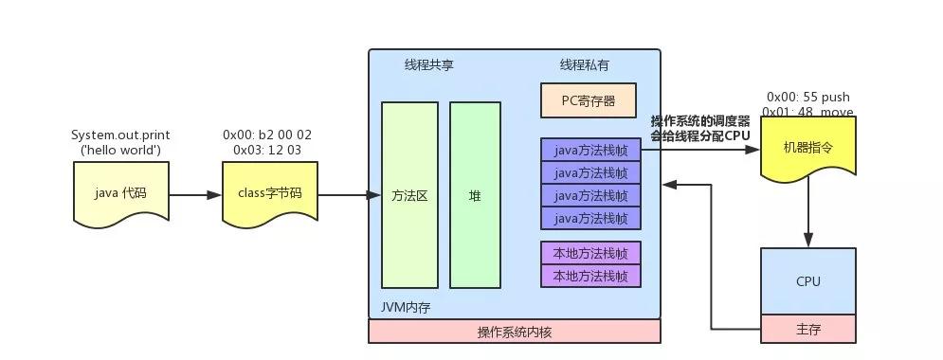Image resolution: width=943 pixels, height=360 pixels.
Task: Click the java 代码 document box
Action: tap(120, 193)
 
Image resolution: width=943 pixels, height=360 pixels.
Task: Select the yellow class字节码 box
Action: tap(269, 193)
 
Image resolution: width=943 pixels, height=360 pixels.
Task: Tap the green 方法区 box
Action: tap(409, 195)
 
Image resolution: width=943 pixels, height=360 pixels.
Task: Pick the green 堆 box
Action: tap(475, 195)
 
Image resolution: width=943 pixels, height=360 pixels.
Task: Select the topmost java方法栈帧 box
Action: tap(590, 150)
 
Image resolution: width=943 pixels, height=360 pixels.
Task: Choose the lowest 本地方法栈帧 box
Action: tap(590, 276)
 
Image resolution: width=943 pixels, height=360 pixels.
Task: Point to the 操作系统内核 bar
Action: tap(515, 332)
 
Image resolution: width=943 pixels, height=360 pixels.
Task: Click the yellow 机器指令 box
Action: tap(807, 149)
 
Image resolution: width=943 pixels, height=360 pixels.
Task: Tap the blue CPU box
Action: tap(807, 281)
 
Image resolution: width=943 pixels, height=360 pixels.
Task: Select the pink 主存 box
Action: tap(807, 331)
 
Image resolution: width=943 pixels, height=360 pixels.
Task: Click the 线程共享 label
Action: tap(429, 65)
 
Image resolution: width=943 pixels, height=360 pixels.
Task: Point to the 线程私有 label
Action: tap(585, 65)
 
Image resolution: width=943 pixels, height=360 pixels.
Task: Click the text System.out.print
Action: tap(120, 135)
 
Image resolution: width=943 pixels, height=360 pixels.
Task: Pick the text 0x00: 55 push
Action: tap(807, 97)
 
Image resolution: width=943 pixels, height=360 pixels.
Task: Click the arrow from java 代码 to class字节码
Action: tap(194, 196)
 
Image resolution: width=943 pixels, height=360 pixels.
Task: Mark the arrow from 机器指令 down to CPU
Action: tap(807, 213)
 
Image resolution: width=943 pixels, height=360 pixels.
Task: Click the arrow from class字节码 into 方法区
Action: tap(343, 196)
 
